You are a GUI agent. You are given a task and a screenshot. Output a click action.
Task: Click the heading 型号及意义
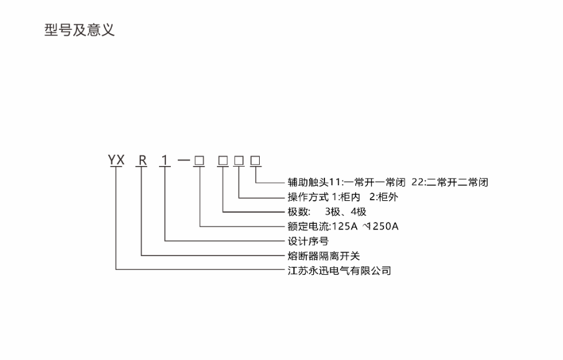[80, 30]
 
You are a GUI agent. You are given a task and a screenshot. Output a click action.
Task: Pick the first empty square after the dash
[199, 160]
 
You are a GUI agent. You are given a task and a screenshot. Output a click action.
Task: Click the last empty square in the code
[255, 160]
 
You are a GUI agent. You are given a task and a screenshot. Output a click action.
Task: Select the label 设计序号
[305, 241]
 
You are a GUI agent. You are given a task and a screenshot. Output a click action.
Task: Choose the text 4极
[358, 211]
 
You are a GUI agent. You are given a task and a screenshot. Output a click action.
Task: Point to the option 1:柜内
[350, 196]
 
